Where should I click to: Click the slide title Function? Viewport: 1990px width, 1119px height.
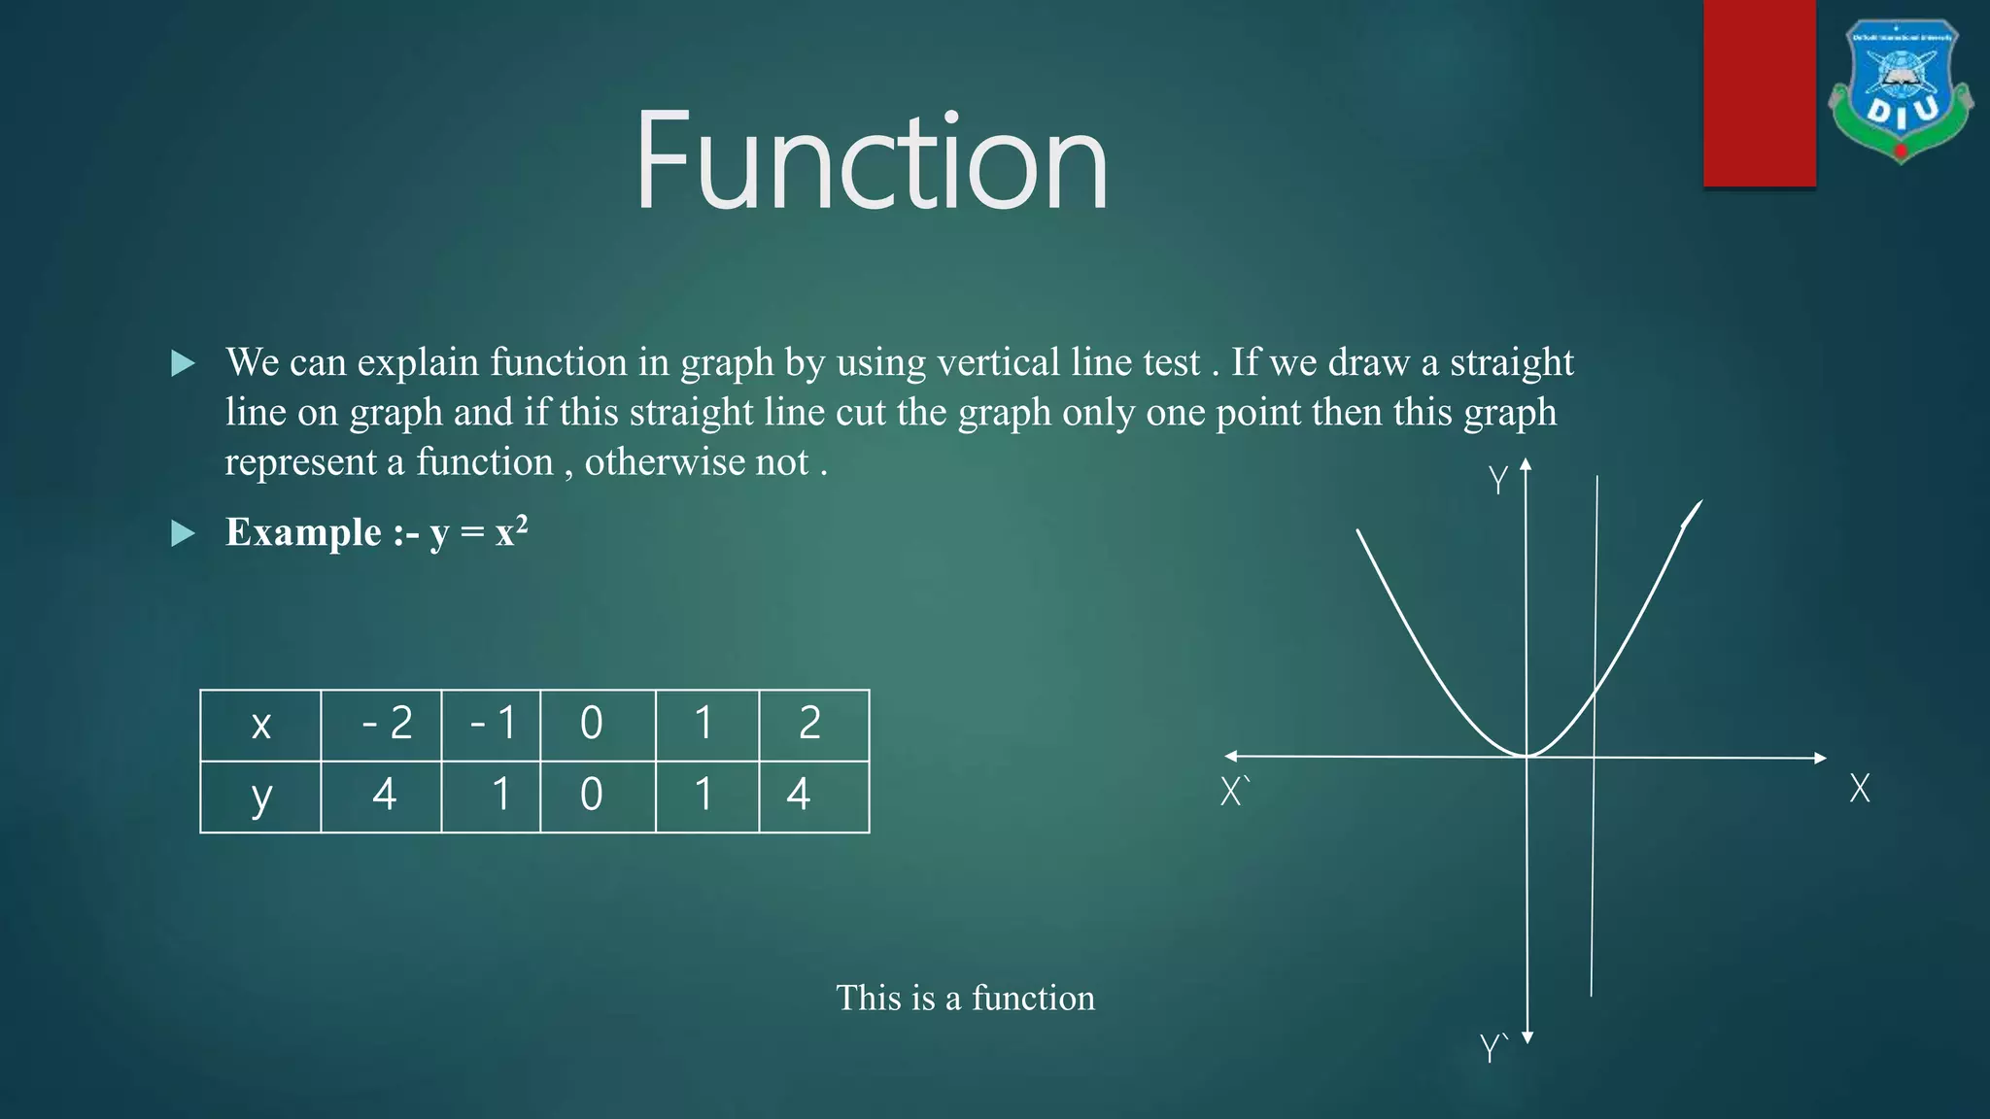(x=871, y=161)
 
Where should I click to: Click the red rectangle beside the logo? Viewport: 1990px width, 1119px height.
(x=1759, y=93)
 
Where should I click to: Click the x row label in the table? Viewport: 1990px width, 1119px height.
(x=260, y=725)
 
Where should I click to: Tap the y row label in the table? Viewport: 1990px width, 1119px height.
(x=260, y=797)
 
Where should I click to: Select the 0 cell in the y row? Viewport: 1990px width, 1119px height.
(x=591, y=796)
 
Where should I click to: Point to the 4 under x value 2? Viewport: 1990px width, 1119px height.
(x=799, y=796)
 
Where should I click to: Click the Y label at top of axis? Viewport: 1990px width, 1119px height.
(x=1497, y=480)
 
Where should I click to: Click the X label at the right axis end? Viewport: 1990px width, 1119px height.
(x=1859, y=788)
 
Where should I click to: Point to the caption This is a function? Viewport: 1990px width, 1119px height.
(x=965, y=998)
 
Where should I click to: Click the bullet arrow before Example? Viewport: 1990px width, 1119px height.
(x=183, y=533)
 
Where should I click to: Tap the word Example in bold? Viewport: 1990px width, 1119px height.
(x=303, y=532)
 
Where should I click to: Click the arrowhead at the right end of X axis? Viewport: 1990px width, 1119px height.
(x=1821, y=758)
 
